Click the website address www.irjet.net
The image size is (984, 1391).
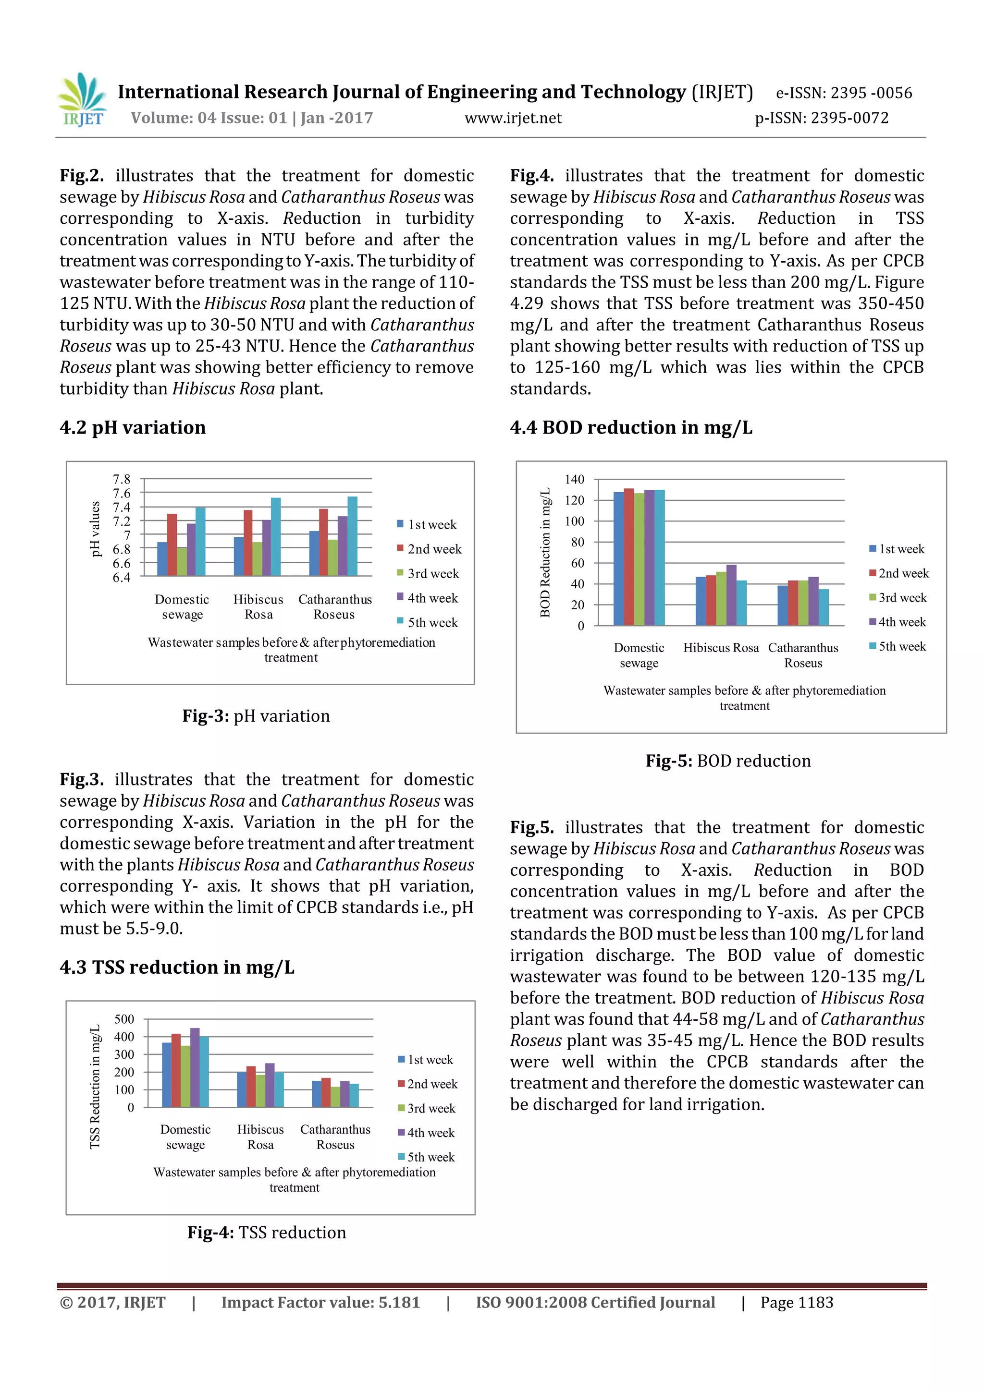(513, 118)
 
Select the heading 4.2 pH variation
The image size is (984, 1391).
(132, 428)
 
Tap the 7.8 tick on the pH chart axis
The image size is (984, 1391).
(121, 479)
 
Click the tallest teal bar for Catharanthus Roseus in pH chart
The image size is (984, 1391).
(352, 536)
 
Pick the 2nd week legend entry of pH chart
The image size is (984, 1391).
(429, 549)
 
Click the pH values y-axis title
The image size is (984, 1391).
(95, 528)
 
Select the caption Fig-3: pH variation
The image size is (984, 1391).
(256, 716)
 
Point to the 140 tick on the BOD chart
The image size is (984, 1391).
(574, 479)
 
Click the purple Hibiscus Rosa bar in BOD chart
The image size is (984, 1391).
(731, 595)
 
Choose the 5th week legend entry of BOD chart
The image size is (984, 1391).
(898, 646)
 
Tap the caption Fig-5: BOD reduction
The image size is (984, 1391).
(727, 761)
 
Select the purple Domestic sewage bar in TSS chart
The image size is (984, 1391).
(195, 1067)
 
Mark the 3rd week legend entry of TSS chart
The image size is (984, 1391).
(426, 1108)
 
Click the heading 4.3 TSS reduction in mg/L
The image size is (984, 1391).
(176, 967)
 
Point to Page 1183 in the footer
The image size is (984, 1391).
(797, 1303)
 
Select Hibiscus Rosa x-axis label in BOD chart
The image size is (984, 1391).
(721, 648)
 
